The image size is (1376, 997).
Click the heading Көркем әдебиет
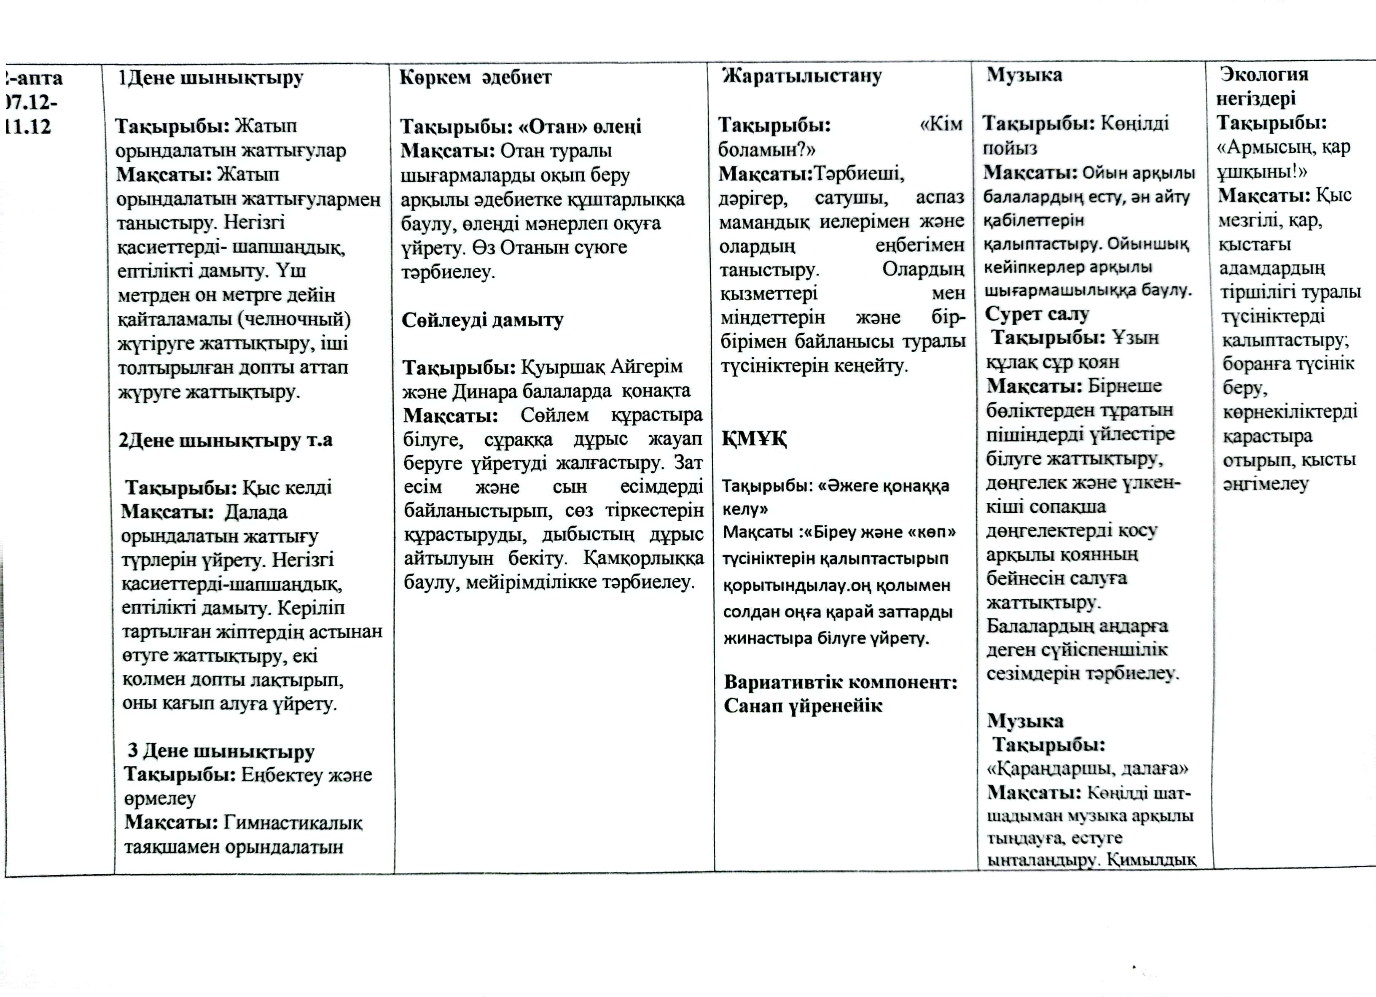pyautogui.click(x=475, y=78)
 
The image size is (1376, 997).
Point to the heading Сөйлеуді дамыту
pyautogui.click(x=482, y=320)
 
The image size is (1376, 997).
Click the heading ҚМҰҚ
pyautogui.click(x=754, y=438)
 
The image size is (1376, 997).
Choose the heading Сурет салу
pyautogui.click(x=1037, y=314)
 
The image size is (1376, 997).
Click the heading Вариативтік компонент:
pyautogui.click(x=840, y=682)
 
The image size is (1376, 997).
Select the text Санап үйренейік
pyautogui.click(x=803, y=706)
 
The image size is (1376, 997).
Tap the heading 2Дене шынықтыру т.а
pyautogui.click(x=225, y=440)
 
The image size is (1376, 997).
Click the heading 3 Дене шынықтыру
pyautogui.click(x=221, y=751)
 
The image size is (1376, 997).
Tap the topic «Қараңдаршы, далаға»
pyautogui.click(x=1087, y=769)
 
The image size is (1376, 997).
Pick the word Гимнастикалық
pyautogui.click(x=293, y=823)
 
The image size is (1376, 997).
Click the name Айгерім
pyautogui.click(x=646, y=366)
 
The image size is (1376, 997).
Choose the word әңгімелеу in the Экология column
pyautogui.click(x=1265, y=484)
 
